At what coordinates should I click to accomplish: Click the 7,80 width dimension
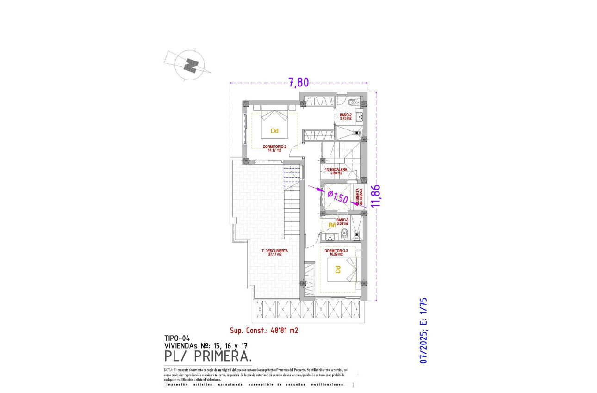coord(298,82)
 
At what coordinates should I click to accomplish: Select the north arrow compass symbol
coord(188,66)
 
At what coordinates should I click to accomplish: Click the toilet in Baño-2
coord(354,102)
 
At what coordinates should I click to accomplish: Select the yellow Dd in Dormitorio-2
coord(274,131)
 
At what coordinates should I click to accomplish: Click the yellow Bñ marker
coord(332,225)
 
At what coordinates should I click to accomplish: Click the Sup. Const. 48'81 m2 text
coord(264,330)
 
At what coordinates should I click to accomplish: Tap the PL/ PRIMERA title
coord(208,356)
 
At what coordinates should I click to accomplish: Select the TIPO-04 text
coord(177,338)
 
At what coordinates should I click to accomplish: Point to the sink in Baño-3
coord(330,238)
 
